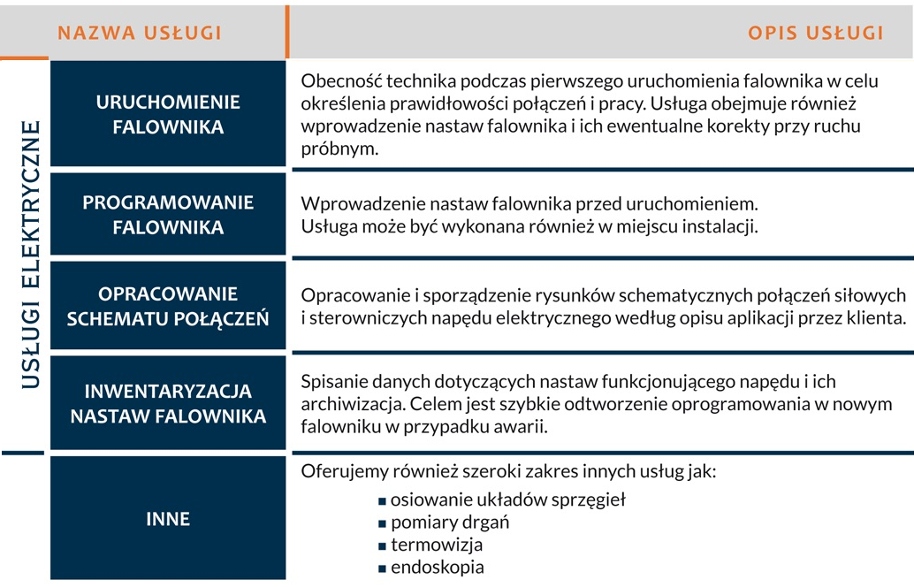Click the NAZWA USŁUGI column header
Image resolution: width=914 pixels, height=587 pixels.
pyautogui.click(x=140, y=34)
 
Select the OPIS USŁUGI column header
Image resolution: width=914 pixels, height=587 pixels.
pyautogui.click(x=815, y=34)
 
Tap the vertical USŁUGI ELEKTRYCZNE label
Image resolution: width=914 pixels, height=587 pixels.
pyautogui.click(x=31, y=255)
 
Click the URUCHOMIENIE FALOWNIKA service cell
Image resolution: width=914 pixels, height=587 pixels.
pyautogui.click(x=168, y=114)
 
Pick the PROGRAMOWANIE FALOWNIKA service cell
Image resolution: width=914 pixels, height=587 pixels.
pyautogui.click(x=168, y=215)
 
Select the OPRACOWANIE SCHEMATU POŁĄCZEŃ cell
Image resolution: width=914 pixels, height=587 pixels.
pyautogui.click(x=168, y=306)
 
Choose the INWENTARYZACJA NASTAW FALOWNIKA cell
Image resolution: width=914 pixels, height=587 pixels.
pyautogui.click(x=168, y=403)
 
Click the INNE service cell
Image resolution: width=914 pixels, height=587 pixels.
pyautogui.click(x=168, y=518)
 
